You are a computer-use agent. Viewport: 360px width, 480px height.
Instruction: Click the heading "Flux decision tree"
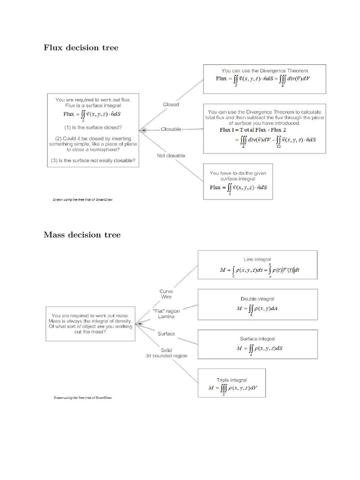pos(81,47)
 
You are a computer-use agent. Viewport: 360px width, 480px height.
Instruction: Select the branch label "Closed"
pos(171,105)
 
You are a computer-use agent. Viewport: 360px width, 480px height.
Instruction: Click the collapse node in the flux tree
pos(144,130)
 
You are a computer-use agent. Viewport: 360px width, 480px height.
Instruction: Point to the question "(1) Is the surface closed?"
pos(93,127)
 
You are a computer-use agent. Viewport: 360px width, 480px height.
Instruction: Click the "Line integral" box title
pos(257,259)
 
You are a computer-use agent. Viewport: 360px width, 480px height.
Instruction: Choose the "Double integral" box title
pos(257,299)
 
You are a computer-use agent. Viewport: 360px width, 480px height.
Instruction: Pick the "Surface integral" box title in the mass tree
pos(257,338)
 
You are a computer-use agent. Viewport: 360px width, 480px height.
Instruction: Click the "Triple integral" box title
pos(232,380)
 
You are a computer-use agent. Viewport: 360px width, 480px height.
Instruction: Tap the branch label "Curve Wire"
pos(166,294)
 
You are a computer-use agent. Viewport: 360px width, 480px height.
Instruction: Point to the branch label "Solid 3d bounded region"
pos(166,352)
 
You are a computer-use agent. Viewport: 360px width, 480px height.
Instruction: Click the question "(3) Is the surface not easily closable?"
pos(93,161)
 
